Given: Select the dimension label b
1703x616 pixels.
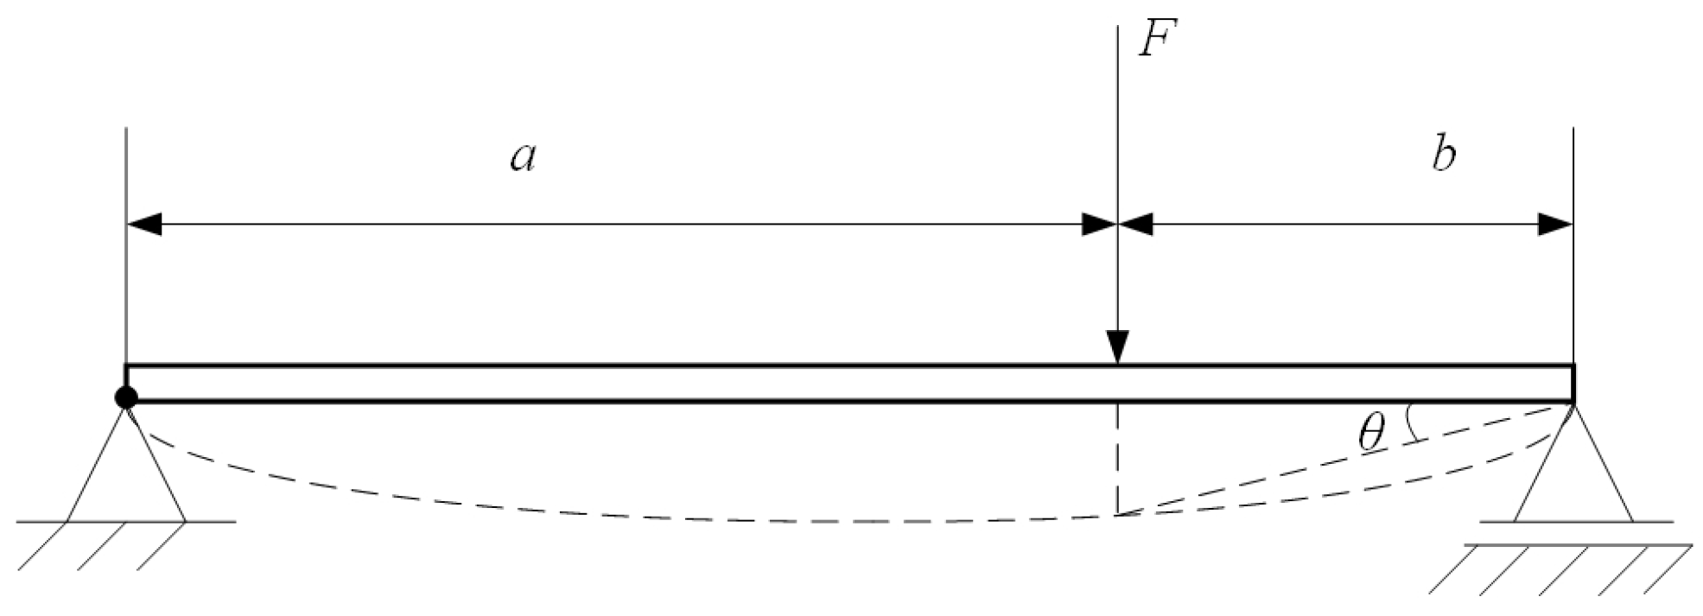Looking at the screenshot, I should (x=1444, y=155).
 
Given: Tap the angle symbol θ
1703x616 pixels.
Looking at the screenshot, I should (x=1371, y=433).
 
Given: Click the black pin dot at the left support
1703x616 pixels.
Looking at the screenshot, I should (x=126, y=397).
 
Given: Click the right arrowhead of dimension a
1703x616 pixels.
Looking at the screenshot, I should (x=1100, y=225).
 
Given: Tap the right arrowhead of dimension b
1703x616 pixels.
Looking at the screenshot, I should (x=1554, y=225).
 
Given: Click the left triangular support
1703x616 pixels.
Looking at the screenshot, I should (x=126, y=475).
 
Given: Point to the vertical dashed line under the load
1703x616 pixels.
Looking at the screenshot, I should (x=1118, y=458).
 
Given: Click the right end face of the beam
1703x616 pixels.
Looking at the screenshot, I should (x=1573, y=384).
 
